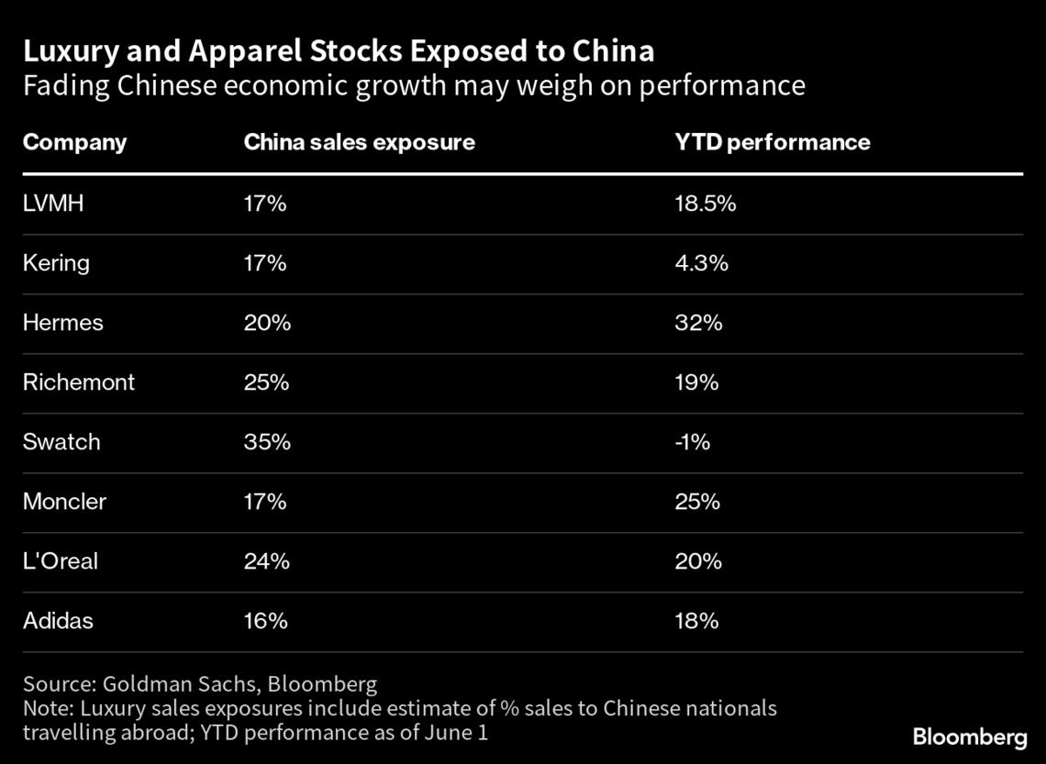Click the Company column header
coord(74,142)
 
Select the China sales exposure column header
coord(359,142)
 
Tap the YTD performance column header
coord(772,142)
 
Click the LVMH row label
coord(53,204)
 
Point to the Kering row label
coord(56,263)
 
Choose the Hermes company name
coord(62,323)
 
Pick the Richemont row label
coord(78,382)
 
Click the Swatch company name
coord(61,442)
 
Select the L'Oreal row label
coord(60,561)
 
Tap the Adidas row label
coord(58,621)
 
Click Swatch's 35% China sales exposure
coord(266,442)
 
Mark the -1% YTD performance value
coord(693,442)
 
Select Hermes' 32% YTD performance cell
coord(698,323)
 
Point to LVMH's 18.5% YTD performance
coord(705,204)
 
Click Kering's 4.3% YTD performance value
coord(701,263)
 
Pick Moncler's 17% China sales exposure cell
coord(265,502)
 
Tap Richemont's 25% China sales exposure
coord(266,382)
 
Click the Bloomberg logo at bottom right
coord(970,736)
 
